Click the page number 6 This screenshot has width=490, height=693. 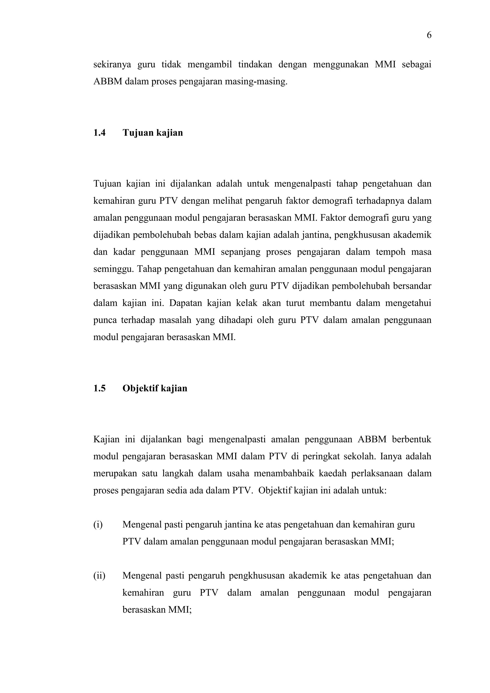point(429,36)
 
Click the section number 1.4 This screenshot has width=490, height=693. point(99,133)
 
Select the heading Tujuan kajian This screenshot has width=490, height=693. point(153,133)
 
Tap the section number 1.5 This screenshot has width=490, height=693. point(99,388)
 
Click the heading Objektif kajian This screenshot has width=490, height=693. point(155,388)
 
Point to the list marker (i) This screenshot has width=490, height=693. point(98,525)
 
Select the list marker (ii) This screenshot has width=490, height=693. point(99,576)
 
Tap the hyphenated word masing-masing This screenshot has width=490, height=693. point(256,82)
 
